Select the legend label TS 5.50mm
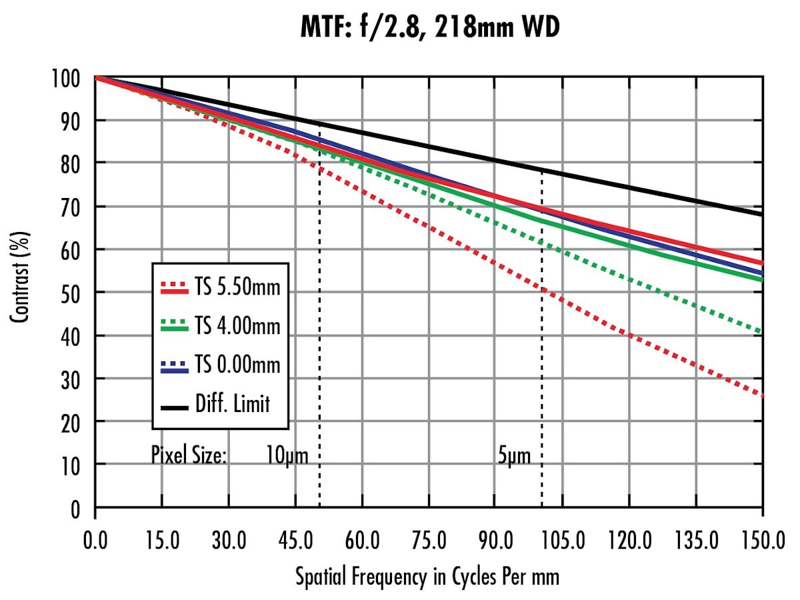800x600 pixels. click(238, 288)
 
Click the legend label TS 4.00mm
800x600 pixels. click(238, 327)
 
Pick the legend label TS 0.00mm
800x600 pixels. click(238, 365)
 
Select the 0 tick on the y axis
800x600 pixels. click(75, 511)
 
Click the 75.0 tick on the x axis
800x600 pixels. click(429, 539)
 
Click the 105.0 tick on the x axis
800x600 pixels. click(562, 539)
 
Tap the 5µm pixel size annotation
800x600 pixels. click(514, 456)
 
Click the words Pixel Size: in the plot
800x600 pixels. click(189, 456)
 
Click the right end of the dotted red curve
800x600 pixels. click(762, 395)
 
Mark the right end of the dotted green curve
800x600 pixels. click(762, 331)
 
